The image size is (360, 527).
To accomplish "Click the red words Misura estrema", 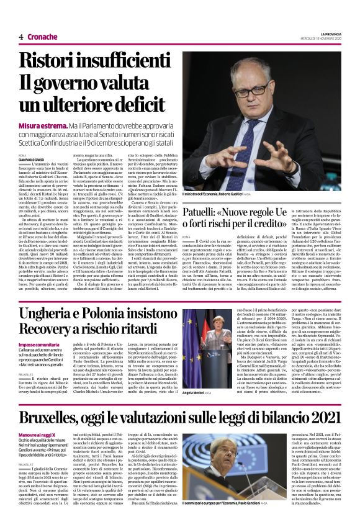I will (x=40, y=125).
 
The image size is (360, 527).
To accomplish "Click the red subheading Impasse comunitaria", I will (x=39, y=344).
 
